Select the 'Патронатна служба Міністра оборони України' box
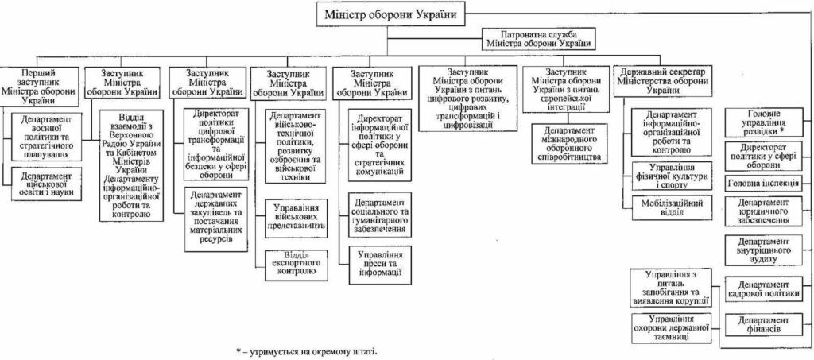click(538, 39)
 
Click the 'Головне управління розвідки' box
click(762, 123)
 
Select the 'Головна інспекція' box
click(762, 184)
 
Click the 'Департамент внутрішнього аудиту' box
click(762, 250)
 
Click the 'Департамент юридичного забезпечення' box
click(762, 211)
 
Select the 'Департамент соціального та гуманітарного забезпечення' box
click(379, 213)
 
